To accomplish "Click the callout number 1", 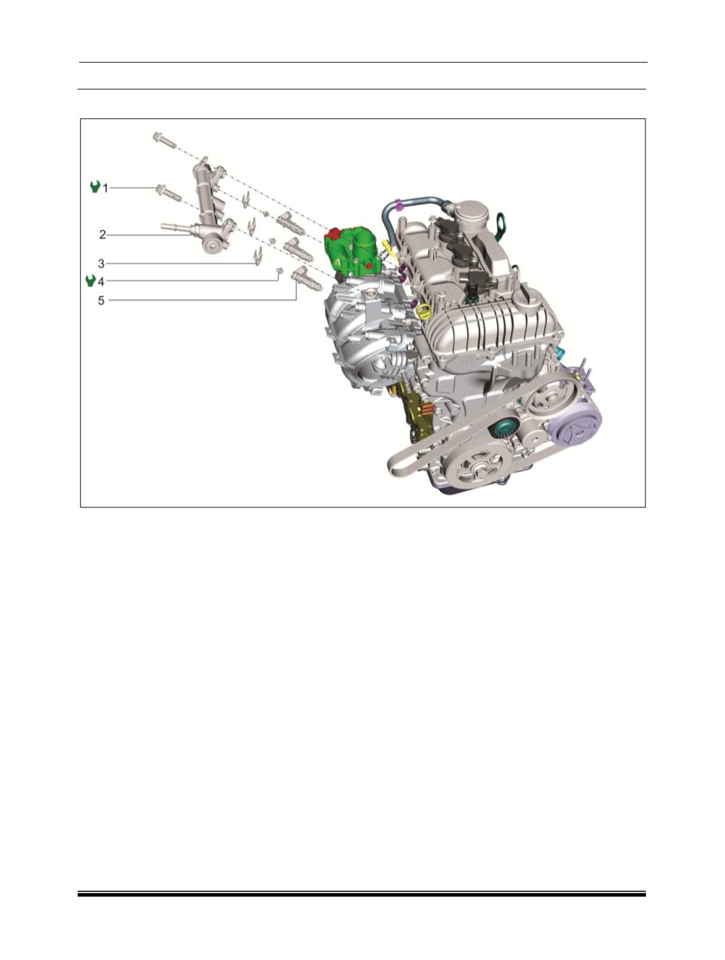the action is tap(105, 188).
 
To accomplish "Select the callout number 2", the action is tap(102, 235).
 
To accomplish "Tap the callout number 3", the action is tap(101, 263).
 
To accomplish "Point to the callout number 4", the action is tap(101, 282).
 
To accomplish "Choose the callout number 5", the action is tap(101, 301).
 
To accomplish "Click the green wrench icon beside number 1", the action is tap(95, 187).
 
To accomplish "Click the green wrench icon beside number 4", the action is tap(90, 281).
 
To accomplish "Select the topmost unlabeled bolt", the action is tap(164, 141).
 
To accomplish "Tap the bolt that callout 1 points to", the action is tap(169, 193).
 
